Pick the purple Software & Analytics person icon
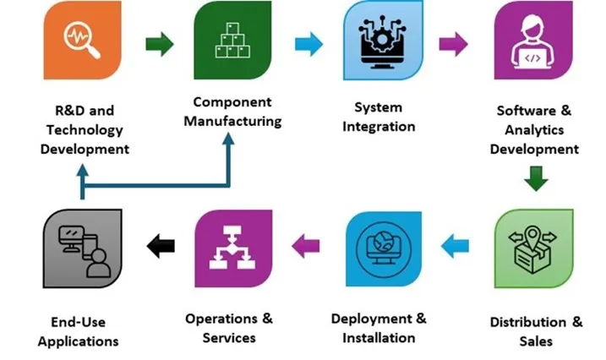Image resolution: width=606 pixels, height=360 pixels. pyautogui.click(x=532, y=41)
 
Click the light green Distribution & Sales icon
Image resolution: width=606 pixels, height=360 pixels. pyautogui.click(x=532, y=249)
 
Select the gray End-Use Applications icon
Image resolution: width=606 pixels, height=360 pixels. pyautogui.click(x=82, y=251)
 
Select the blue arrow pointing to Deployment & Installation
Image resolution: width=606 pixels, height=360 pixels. pyautogui.click(x=456, y=246)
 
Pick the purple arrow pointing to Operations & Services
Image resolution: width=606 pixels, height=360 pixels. pyautogui.click(x=306, y=246)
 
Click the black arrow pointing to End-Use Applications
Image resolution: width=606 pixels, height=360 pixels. pyautogui.click(x=160, y=247)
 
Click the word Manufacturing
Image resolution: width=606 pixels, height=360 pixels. pyautogui.click(x=232, y=122)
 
